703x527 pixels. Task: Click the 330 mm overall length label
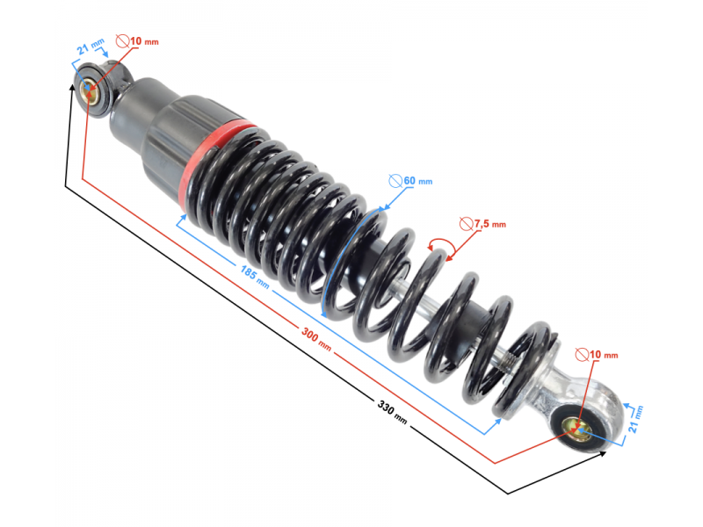tap(392, 413)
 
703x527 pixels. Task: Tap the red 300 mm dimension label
tap(316, 339)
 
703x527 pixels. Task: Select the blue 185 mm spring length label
tap(255, 277)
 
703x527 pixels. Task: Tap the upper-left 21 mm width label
tap(91, 47)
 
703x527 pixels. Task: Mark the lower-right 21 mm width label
tap(635, 419)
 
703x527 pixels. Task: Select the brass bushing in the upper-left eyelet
tap(89, 92)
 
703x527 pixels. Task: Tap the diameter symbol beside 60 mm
tap(395, 181)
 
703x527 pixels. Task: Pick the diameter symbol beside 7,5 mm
tap(467, 224)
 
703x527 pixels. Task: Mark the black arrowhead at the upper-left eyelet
tap(72, 87)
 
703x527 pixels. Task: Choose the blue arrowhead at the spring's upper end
tap(183, 217)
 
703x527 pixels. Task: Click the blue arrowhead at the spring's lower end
tap(497, 422)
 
